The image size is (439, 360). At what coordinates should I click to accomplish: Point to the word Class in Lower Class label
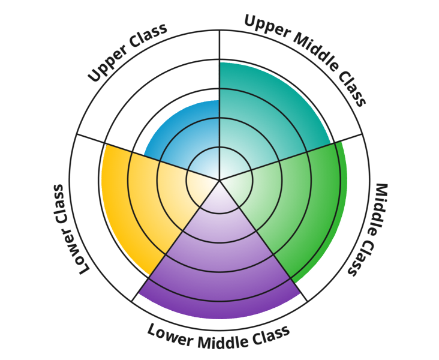79,253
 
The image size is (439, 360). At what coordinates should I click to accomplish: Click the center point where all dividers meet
220,179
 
